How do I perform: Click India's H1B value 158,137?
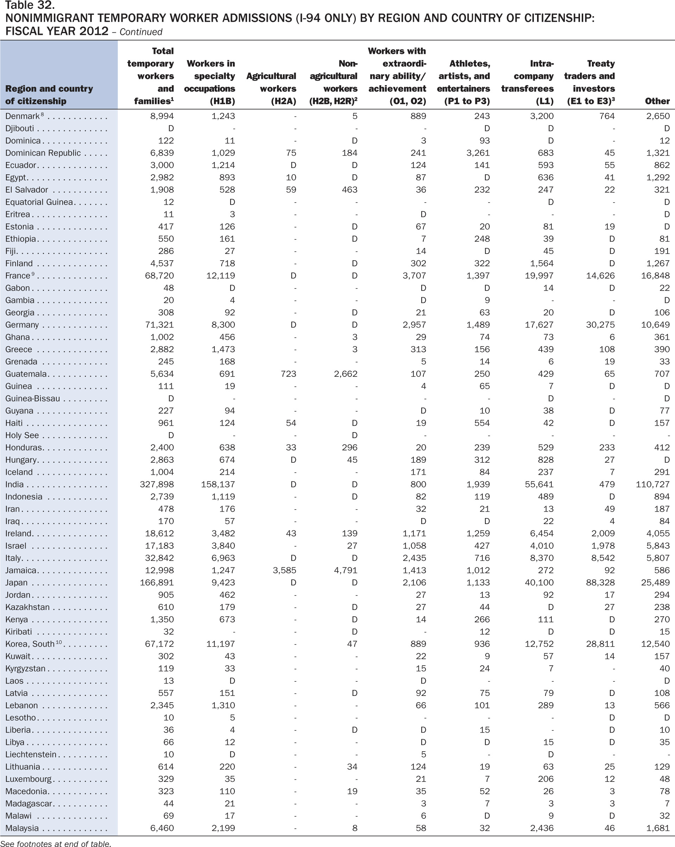(218, 484)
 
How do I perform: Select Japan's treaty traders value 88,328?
(600, 583)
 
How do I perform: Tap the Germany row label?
(22, 325)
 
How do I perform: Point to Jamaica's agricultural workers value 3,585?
(284, 571)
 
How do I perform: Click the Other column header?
(657, 101)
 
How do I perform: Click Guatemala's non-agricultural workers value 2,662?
(346, 374)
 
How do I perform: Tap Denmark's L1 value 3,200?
(542, 116)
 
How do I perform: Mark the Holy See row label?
(22, 435)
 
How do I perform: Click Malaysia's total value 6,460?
(162, 828)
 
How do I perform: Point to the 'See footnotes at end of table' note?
(56, 843)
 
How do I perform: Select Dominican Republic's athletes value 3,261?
(478, 153)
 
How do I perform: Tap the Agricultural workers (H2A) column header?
(271, 88)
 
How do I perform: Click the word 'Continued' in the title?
(141, 32)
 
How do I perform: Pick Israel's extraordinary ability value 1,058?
(414, 546)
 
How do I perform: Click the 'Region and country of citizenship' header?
(49, 95)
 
